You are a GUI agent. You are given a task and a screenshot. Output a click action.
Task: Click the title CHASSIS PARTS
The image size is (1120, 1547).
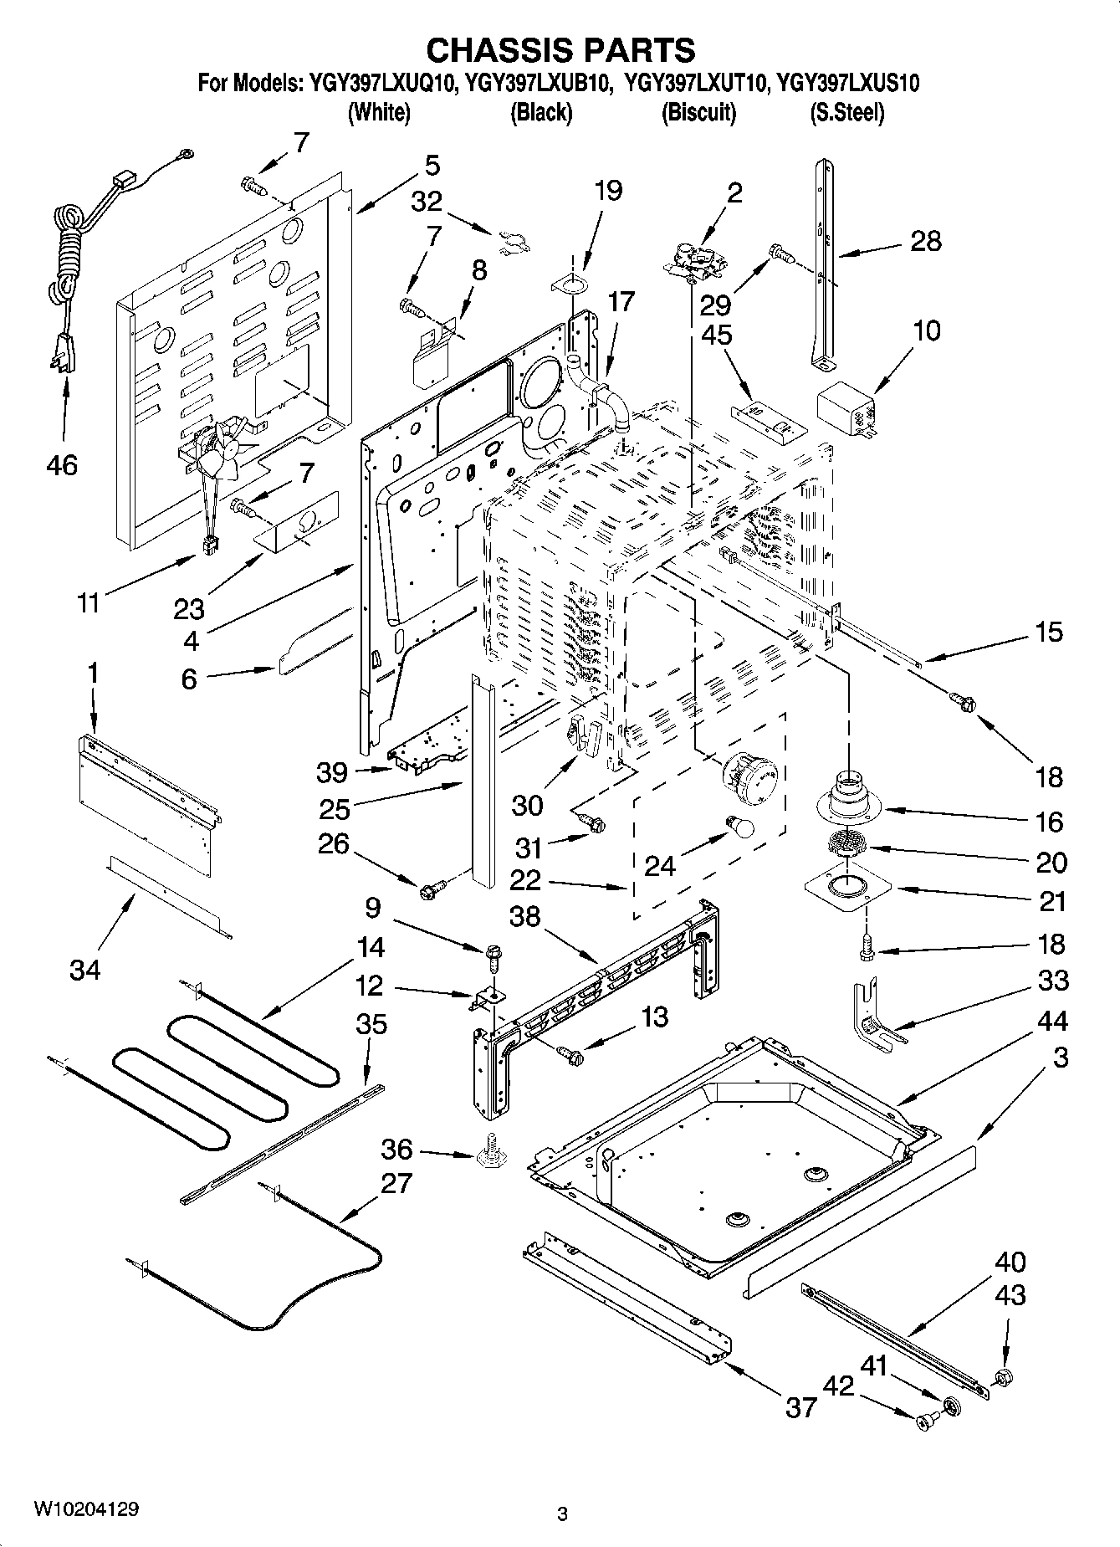tap(560, 50)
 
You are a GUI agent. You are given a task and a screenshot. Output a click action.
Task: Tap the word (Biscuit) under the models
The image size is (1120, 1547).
tap(698, 112)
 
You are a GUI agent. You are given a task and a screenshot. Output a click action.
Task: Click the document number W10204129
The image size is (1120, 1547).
tap(86, 1509)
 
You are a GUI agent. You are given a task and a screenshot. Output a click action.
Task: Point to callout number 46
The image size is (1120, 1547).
tap(62, 464)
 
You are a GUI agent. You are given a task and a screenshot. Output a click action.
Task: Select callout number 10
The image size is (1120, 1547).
tap(927, 330)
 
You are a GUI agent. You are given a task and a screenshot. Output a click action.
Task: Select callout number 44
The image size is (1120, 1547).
tap(1053, 1021)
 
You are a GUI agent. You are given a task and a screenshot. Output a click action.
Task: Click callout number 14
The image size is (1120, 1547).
tap(369, 947)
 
